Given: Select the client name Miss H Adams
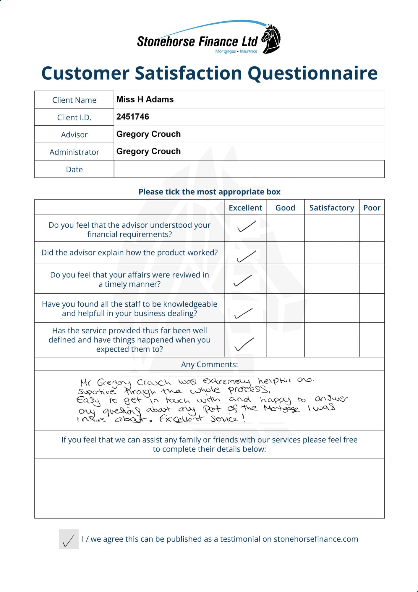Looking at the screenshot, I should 145,99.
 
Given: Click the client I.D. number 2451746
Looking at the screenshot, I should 133,117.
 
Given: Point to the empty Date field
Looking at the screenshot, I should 249,169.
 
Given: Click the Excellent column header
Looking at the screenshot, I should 245,208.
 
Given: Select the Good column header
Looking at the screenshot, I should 285,208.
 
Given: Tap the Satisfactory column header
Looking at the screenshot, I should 332,208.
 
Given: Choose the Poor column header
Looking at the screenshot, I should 372,208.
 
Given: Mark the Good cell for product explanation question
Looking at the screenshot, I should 285,253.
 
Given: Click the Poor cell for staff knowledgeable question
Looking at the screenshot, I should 372,308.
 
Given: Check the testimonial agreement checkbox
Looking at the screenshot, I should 69,539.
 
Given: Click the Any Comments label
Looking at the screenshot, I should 209,364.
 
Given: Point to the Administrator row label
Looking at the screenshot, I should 74,152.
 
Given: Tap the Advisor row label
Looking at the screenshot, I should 74,135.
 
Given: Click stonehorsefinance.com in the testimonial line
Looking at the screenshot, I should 316,539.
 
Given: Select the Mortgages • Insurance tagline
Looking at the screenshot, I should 236,51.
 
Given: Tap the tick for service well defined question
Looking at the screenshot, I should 244,344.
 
